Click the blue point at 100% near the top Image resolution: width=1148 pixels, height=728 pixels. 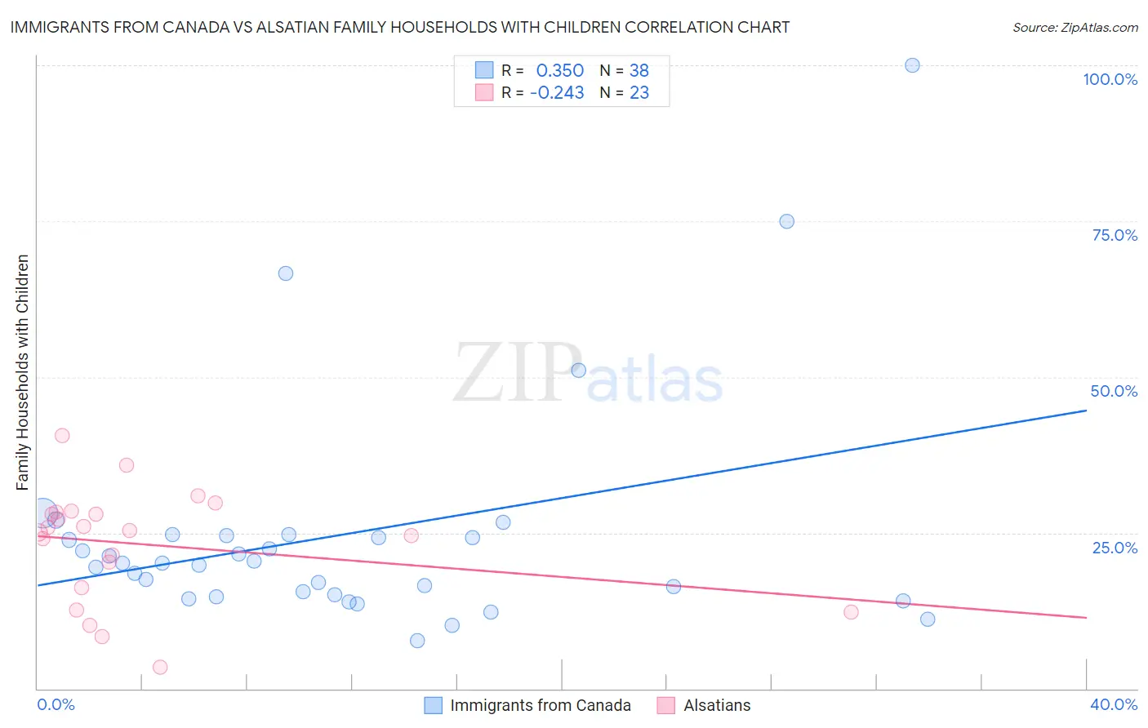pos(912,65)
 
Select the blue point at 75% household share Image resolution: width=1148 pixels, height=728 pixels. pos(786,221)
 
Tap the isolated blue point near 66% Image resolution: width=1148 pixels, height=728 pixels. pos(286,273)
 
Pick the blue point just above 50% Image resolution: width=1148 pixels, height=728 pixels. pos(578,371)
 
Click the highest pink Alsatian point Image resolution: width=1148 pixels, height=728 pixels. pos(62,436)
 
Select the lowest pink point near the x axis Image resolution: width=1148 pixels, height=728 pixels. pos(160,668)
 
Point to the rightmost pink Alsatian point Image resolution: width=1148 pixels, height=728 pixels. pos(851,612)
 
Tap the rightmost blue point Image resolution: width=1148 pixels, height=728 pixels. pos(928,619)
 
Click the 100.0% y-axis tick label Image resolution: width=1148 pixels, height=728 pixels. pos(1110,79)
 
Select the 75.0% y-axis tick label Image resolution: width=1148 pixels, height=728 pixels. pos(1115,235)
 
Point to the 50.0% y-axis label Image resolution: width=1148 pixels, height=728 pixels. pos(1114,391)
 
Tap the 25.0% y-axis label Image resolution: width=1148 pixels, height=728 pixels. pos(1115,548)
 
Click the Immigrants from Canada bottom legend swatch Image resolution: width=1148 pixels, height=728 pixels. pos(434,705)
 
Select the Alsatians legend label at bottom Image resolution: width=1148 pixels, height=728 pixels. pos(717,705)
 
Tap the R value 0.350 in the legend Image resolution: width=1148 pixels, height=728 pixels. pos(559,71)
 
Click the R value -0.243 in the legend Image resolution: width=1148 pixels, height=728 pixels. pos(557,93)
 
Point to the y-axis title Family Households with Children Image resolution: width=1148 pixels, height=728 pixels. pos(22,372)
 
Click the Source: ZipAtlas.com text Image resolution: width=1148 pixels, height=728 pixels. pos(1075,28)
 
